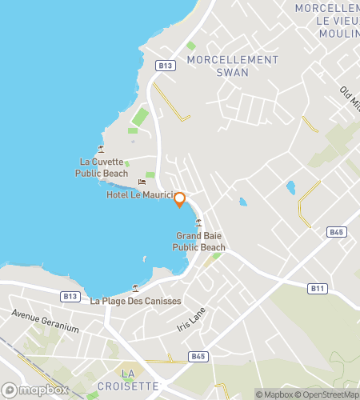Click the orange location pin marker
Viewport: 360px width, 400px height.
coord(180,199)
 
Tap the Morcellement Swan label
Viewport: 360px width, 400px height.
coord(232,66)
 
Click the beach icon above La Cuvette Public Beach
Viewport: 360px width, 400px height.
coord(101,149)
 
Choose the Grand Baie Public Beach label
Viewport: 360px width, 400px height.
coord(199,242)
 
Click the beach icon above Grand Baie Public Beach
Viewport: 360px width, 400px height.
coord(198,223)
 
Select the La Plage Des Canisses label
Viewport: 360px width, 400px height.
coord(135,301)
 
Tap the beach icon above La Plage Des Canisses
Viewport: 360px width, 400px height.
coord(135,288)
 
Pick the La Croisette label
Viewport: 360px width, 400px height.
coord(128,379)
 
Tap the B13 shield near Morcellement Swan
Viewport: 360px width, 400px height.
coord(166,66)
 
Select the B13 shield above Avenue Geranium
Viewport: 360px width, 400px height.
coord(69,296)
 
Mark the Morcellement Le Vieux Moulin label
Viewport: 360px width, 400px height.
coord(326,20)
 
